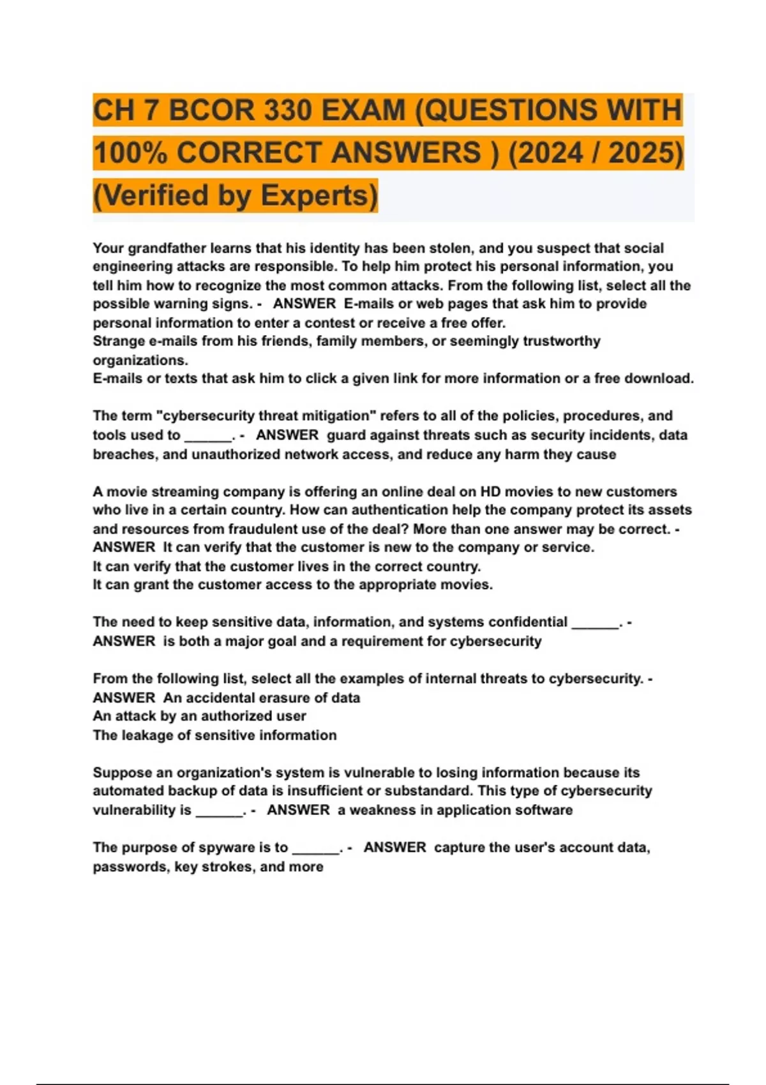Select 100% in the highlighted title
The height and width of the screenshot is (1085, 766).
click(130, 153)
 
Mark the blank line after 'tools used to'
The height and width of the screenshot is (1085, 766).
click(208, 437)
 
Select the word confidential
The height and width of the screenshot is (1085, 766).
click(527, 622)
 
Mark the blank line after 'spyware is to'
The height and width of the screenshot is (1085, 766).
click(316, 849)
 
